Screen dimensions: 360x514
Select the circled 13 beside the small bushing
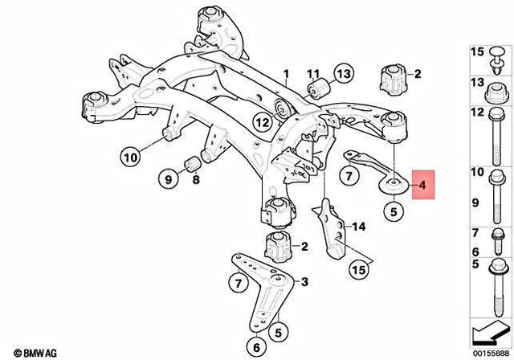(344, 76)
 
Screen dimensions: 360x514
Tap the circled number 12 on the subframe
(263, 123)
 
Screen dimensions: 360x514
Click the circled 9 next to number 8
(168, 179)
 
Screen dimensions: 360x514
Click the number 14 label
(358, 227)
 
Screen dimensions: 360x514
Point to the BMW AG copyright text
(24, 352)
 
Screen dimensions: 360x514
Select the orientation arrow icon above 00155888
(487, 329)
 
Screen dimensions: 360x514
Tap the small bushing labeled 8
(193, 165)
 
